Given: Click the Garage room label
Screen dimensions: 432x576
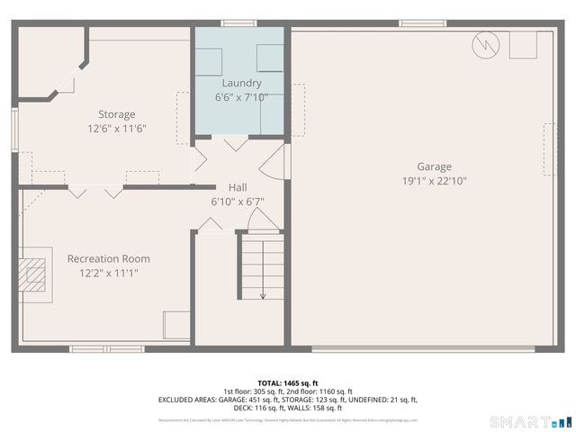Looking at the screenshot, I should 434,166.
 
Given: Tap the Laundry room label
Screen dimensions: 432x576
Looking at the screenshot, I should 241,83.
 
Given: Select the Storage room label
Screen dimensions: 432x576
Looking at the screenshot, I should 117,114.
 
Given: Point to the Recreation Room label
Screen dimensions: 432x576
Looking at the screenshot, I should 103,259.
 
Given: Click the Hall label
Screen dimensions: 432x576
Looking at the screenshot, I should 238,187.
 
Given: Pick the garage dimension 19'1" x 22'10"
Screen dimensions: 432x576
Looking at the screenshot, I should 434,181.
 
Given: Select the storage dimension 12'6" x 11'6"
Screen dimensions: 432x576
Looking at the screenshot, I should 117,129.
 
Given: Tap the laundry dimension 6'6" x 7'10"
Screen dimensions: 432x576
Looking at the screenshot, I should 241,96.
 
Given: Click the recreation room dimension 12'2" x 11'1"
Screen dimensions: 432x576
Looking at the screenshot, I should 103,273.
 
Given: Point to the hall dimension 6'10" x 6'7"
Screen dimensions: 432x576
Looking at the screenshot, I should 238,202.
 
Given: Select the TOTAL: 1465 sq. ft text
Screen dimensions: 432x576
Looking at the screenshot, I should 288,383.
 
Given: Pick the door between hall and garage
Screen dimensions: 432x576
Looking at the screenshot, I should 274,162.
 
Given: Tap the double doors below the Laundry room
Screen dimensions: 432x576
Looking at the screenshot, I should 236,142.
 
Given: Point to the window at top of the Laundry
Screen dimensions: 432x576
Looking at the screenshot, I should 238,23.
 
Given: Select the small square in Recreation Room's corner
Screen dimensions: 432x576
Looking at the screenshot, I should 176,324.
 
